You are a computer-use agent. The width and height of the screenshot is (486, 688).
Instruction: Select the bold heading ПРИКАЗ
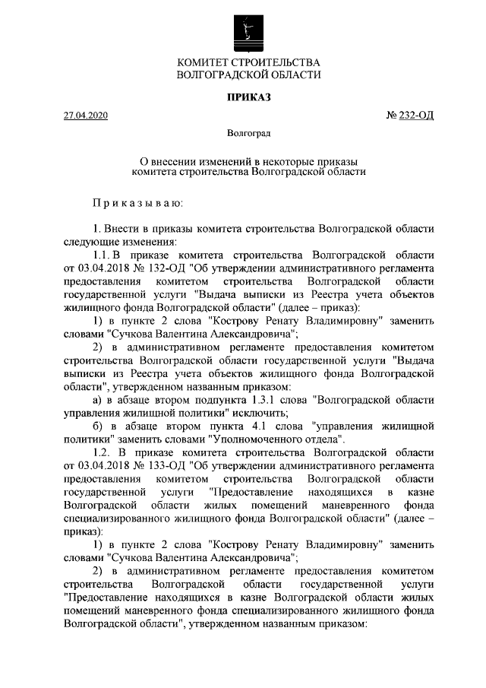pyautogui.click(x=248, y=97)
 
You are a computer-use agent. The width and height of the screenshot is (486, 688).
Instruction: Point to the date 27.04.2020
pyautogui.click(x=87, y=116)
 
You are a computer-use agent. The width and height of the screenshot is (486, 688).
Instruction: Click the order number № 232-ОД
pyautogui.click(x=411, y=116)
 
